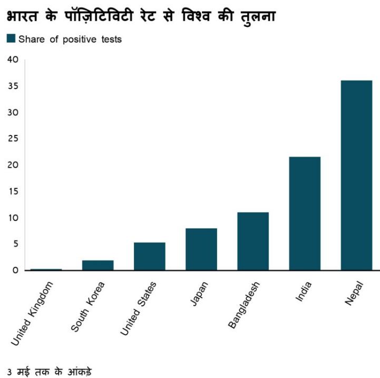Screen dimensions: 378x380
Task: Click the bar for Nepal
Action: tap(356, 175)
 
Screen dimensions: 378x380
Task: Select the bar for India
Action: tap(305, 214)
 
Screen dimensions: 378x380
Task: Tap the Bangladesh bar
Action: tap(253, 241)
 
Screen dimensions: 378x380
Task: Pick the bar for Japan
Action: tap(201, 249)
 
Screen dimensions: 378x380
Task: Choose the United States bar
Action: tap(150, 256)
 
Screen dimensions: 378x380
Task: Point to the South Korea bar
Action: tap(98, 265)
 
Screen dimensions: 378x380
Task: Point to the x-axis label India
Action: tap(302, 292)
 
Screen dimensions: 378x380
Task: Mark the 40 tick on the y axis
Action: tap(13, 60)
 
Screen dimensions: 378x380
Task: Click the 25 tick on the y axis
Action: tap(13, 139)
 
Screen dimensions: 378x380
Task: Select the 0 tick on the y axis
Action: tap(15, 270)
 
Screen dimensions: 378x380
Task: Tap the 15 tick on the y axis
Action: tap(13, 191)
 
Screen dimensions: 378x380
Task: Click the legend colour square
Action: tap(11, 38)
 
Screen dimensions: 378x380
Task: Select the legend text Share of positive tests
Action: tap(70, 39)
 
